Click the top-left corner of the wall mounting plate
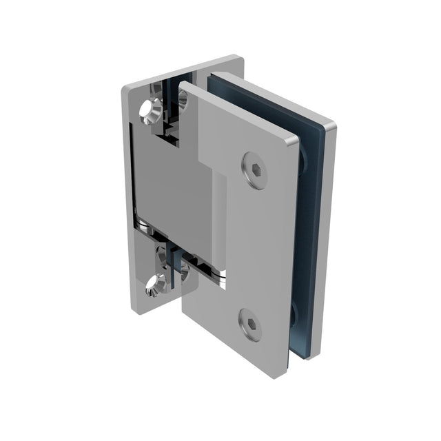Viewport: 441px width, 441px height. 126,90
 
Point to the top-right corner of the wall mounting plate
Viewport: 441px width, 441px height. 240,58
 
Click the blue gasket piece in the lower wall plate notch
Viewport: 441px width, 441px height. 181,265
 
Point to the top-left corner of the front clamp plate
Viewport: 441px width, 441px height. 183,85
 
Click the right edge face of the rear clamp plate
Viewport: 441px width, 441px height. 324,241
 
